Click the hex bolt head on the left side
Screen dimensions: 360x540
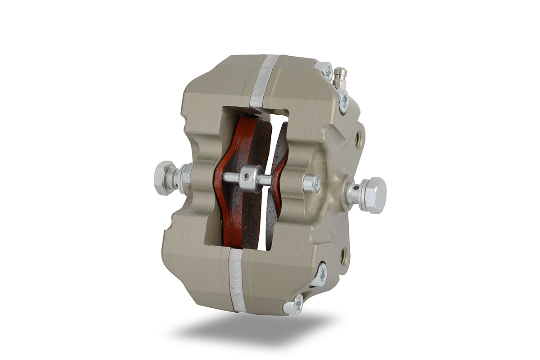tap(163, 178)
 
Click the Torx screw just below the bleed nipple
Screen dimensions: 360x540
tap(343, 100)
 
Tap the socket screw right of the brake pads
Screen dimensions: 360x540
tap(311, 184)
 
